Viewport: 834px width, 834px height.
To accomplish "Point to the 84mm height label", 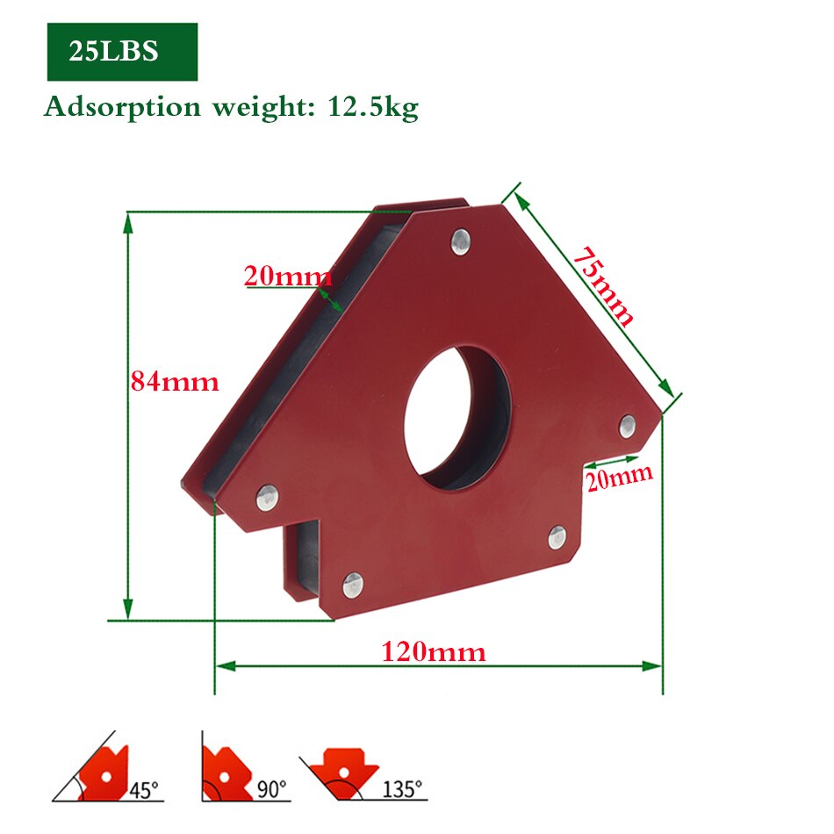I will [175, 382].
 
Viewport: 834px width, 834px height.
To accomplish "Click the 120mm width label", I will [433, 652].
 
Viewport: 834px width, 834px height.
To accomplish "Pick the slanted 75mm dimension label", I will [603, 285].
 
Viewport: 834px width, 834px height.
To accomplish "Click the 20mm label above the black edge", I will [287, 277].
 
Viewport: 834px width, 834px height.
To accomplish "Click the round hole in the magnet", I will [457, 417].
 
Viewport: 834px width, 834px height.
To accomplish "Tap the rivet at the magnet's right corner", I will [627, 426].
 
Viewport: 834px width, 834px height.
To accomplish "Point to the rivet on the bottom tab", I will [352, 581].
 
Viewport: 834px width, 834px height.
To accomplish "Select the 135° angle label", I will [401, 789].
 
